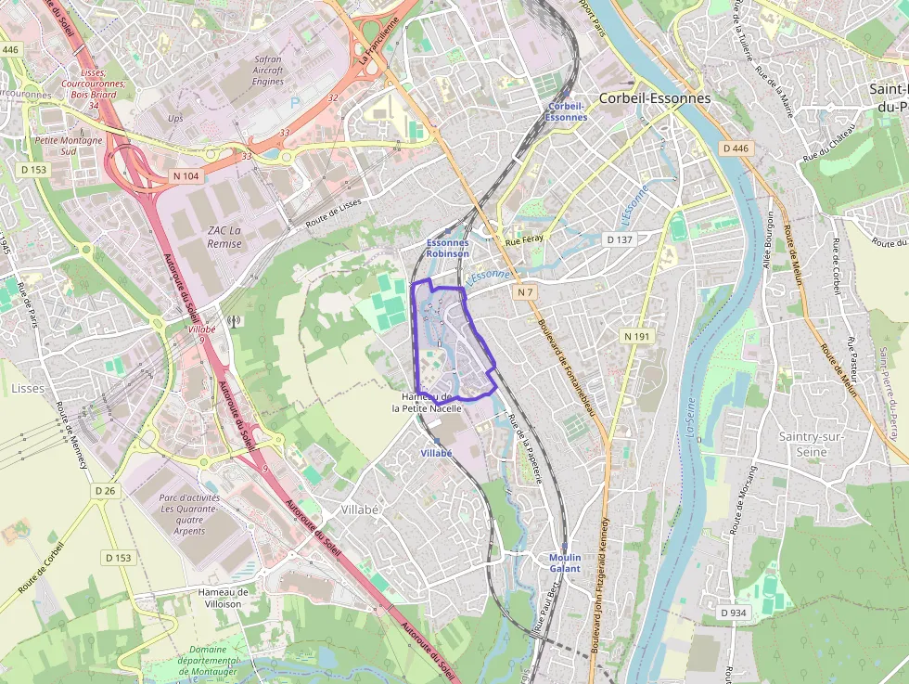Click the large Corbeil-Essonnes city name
point(655,97)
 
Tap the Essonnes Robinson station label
point(447,248)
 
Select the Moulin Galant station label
point(565,562)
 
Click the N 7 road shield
point(526,292)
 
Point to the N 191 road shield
point(637,336)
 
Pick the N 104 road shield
point(186,175)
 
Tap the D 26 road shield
point(105,490)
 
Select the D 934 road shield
point(733,613)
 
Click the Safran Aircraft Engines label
point(268,70)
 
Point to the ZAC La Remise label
point(224,237)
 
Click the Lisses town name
point(28,388)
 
